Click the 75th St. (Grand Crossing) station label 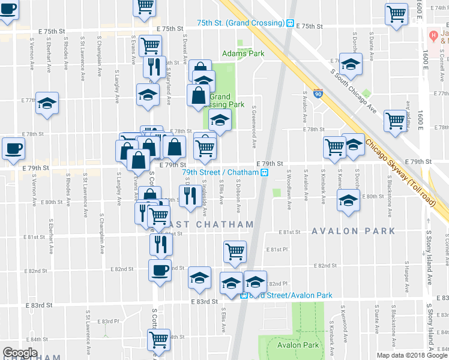tap(240, 23)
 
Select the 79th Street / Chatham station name tap(220, 172)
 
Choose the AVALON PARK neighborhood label tap(352, 230)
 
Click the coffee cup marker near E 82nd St tap(160, 270)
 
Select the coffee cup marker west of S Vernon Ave tap(13, 148)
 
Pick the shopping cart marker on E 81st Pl tap(235, 251)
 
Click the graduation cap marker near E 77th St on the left tap(47, 103)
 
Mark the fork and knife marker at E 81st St tap(160, 243)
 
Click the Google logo tap(20, 353)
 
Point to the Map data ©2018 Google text tap(412, 355)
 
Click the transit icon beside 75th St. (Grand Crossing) tap(290, 23)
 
